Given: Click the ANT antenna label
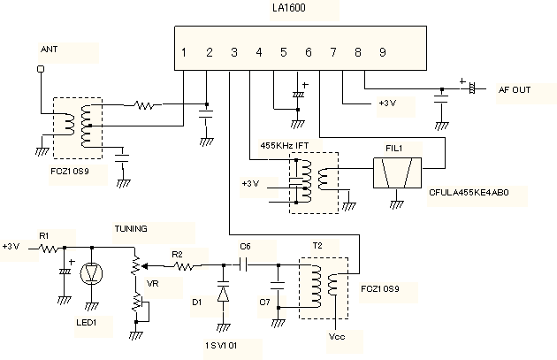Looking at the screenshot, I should coord(49,50).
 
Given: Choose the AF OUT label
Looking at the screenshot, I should coord(514,90).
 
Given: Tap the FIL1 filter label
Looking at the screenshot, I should coord(394,148).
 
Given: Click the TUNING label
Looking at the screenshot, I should coord(130,228).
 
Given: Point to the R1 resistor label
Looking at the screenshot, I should coord(43,234).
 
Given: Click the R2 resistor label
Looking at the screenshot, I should coord(177,255).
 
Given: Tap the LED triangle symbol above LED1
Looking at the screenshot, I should coord(92,273).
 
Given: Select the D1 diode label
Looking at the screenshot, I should coord(197,303).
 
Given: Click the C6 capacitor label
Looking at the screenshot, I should coord(245,247).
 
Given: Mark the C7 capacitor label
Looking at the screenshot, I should coord(264,303).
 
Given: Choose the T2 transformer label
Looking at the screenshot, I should coord(317,245).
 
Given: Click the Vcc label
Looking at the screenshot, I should coord(336,337).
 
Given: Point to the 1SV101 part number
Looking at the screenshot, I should coord(221,343).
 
